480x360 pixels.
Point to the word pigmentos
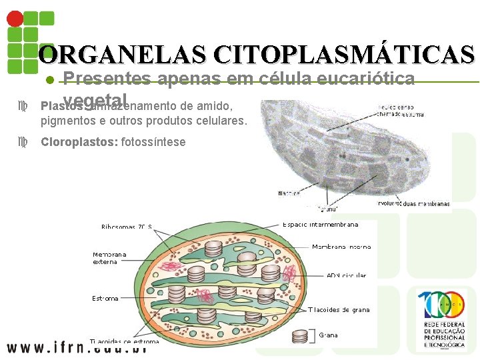[x=66, y=121]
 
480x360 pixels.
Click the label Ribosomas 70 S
[x=127, y=227]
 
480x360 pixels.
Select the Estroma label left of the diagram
[x=105, y=298]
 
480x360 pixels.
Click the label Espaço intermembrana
[x=321, y=225]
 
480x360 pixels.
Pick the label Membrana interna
[x=341, y=247]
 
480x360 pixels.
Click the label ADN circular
[x=346, y=275]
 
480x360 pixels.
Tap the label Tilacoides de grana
[x=339, y=309]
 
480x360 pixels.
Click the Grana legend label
[x=329, y=335]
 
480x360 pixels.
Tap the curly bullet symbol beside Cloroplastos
[x=25, y=142]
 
